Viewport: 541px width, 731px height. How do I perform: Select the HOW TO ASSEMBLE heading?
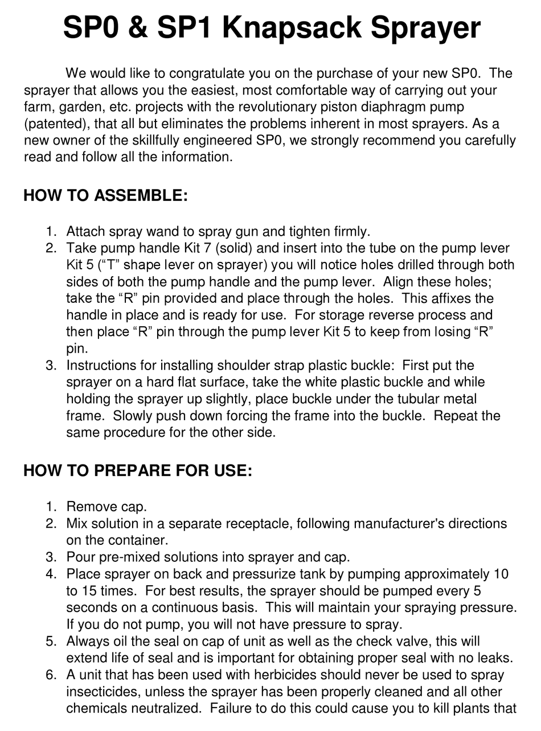click(105, 196)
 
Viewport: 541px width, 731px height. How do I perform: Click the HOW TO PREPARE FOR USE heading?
click(137, 471)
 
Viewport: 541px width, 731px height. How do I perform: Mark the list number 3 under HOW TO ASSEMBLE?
click(52, 365)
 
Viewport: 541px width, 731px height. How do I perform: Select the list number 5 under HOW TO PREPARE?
click(52, 641)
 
